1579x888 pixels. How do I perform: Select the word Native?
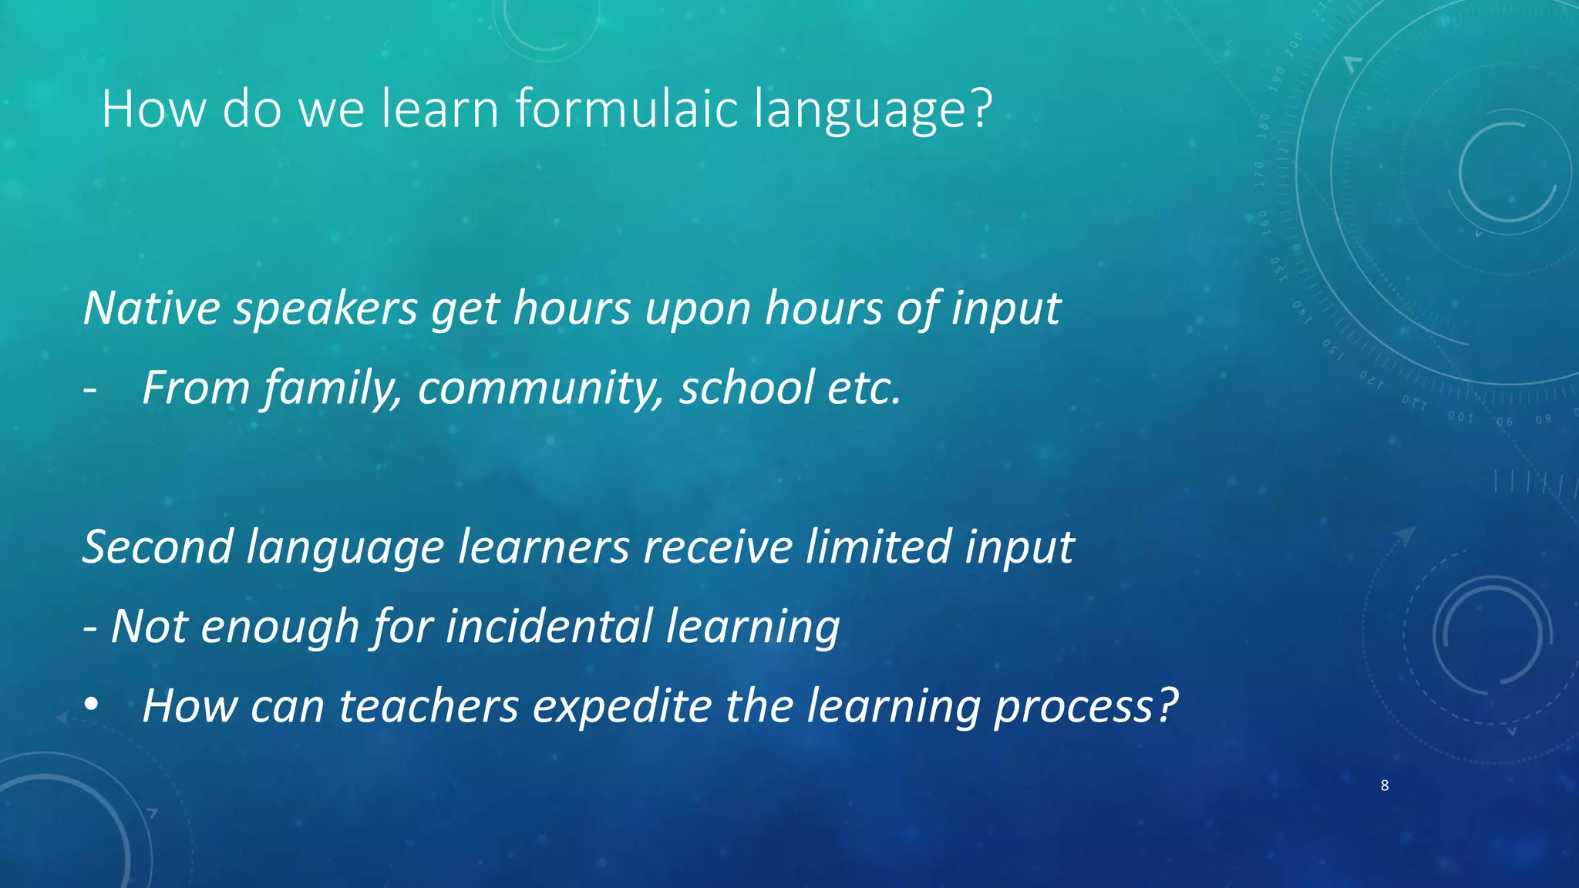tap(152, 308)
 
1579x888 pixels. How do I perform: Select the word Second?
tap(157, 547)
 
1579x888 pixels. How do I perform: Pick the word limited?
tap(878, 547)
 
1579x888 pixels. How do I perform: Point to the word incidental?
tap(549, 625)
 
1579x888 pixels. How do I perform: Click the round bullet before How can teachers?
tap(92, 705)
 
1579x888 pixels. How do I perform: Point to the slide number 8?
tap(1385, 785)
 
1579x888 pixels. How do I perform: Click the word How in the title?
tap(154, 109)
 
